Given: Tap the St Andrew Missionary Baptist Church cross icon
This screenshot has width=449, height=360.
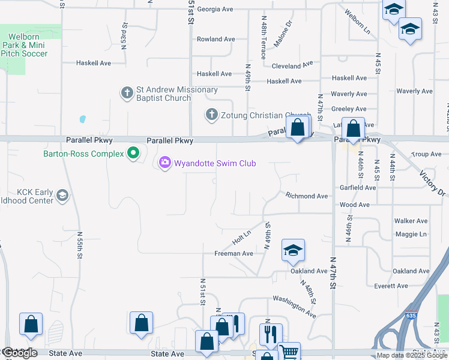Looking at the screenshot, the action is (x=127, y=93).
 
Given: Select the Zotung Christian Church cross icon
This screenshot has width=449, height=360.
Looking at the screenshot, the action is (x=211, y=115).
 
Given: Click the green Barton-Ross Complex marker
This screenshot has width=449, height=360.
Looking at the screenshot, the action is (x=133, y=154).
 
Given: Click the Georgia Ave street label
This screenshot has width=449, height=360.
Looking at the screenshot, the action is (x=215, y=10).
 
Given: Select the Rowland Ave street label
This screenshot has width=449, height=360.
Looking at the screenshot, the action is (x=216, y=40).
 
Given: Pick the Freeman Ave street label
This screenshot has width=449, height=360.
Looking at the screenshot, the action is (x=234, y=254).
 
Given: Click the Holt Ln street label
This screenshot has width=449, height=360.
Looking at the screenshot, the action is (x=241, y=238).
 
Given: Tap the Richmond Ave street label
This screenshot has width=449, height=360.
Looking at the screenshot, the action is (x=307, y=196).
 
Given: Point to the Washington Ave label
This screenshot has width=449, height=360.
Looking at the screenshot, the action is (x=294, y=306).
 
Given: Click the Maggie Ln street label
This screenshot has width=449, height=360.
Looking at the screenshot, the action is (x=411, y=234).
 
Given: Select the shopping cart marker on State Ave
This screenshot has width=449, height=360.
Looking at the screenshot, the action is (x=289, y=352).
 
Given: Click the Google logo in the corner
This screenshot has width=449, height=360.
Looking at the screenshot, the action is (x=19, y=353).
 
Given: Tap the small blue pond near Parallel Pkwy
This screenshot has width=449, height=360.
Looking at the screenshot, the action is (x=82, y=119).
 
